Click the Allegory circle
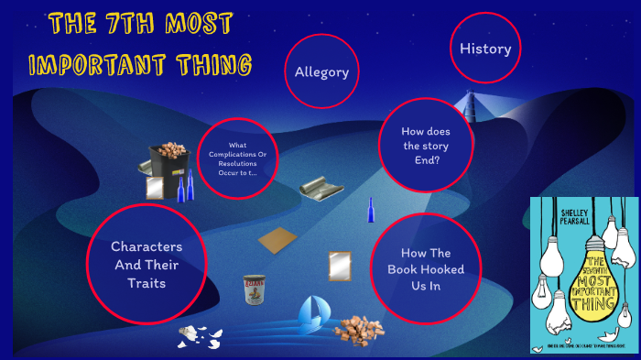321,71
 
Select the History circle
484,49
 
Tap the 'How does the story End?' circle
425,145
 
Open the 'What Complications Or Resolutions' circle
237,158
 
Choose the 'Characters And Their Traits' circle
147,264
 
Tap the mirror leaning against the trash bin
154,188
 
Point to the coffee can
254,290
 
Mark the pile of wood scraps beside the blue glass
353,328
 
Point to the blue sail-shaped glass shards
311,314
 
